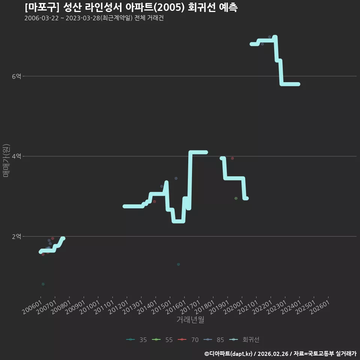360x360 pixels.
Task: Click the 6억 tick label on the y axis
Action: coord(16,76)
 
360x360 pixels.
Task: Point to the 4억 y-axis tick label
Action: coord(16,156)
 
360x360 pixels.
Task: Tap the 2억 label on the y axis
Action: coord(16,237)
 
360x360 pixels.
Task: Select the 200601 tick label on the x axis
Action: coord(32,307)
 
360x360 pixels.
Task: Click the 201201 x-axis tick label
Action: coord(118,307)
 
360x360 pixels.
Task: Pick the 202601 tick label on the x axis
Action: coord(320,307)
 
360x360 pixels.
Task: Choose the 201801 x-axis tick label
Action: coord(205,307)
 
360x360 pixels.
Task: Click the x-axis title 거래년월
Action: coord(190,319)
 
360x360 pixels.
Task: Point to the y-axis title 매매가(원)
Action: coord(6,160)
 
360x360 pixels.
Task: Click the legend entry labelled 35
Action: coord(136,340)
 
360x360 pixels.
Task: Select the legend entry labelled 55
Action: coord(162,340)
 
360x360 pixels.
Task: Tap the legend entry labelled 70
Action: coord(188,340)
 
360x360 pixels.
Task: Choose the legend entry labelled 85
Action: coord(214,340)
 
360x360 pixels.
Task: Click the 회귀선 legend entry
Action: coord(244,340)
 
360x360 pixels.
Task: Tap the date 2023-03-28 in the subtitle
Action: coord(83,18)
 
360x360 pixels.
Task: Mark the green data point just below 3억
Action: coord(236,198)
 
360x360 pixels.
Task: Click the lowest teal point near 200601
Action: coord(43,284)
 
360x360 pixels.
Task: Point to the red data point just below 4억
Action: coord(232,158)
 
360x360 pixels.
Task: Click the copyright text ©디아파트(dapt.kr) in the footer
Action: coord(228,354)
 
